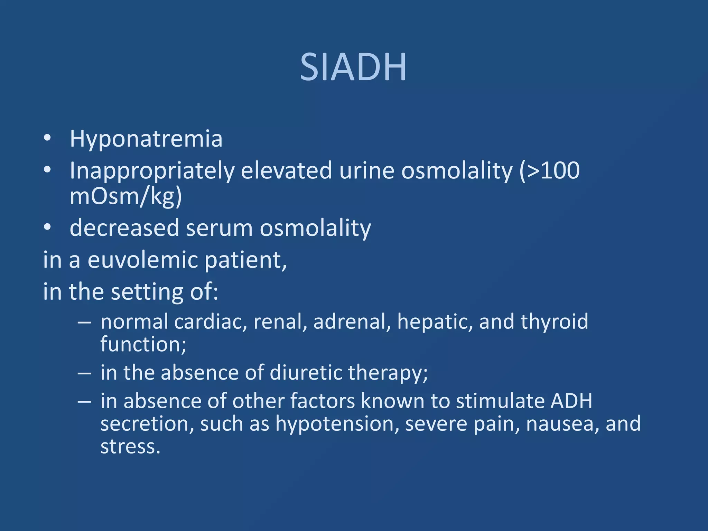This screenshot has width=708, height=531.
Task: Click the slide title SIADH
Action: [353, 67]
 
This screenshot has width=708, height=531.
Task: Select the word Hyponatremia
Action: [146, 139]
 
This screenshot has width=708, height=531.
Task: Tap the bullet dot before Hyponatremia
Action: [47, 138]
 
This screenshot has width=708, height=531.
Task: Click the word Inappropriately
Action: [152, 171]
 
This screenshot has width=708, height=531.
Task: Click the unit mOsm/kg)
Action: [126, 196]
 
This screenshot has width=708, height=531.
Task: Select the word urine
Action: [366, 171]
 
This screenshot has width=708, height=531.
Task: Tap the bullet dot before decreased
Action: [47, 227]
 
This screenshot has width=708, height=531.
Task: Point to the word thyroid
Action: [554, 322]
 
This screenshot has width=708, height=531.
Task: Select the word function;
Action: [143, 345]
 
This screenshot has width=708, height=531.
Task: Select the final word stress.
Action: [130, 447]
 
